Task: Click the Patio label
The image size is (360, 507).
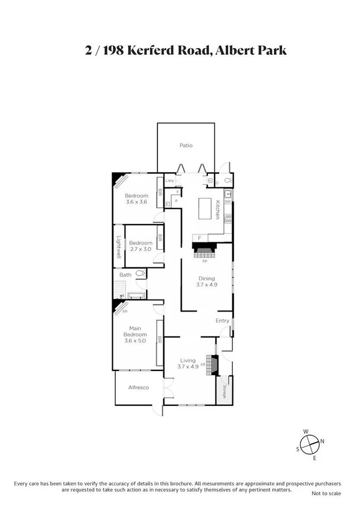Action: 186,146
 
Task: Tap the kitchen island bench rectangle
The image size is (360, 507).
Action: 206,208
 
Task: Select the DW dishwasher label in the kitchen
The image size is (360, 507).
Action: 228,201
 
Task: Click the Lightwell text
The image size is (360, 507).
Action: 119,247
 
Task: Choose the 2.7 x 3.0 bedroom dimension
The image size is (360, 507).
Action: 141,249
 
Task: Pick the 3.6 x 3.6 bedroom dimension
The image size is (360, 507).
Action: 136,202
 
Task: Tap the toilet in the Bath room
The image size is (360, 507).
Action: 140,274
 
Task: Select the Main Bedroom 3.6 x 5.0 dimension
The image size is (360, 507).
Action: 136,341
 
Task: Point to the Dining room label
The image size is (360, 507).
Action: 206,278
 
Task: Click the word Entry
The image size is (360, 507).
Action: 222,321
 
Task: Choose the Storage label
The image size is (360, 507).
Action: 225,392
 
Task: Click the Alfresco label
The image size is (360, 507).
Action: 138,388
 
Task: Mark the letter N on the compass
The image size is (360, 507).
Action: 323,441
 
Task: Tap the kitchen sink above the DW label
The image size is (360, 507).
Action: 228,193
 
